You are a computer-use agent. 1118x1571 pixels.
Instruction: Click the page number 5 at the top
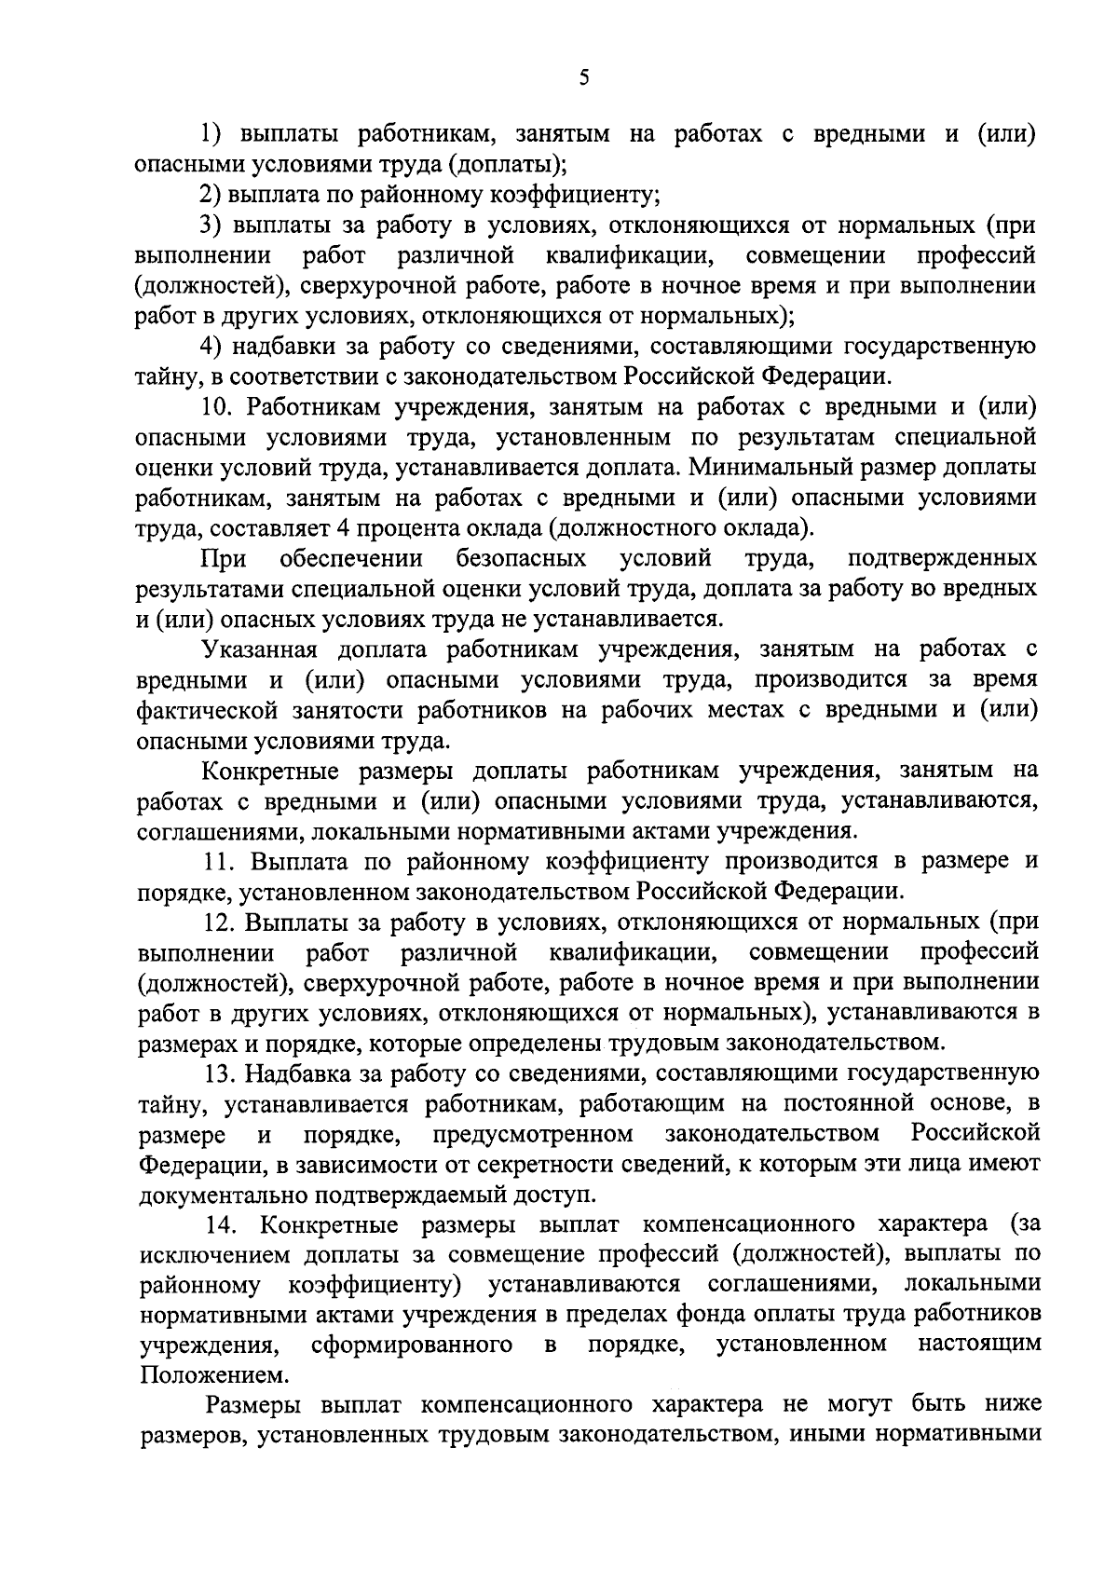pyautogui.click(x=583, y=78)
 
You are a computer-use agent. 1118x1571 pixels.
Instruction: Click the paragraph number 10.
pyautogui.click(x=218, y=407)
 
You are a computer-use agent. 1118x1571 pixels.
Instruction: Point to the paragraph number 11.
pyautogui.click(x=219, y=860)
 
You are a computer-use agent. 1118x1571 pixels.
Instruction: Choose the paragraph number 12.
pyautogui.click(x=219, y=922)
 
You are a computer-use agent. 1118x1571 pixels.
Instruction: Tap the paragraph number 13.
pyautogui.click(x=220, y=1073)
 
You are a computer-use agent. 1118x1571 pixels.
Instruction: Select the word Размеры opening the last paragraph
pyautogui.click(x=253, y=1404)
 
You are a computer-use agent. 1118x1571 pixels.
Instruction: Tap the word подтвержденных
pyautogui.click(x=943, y=558)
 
